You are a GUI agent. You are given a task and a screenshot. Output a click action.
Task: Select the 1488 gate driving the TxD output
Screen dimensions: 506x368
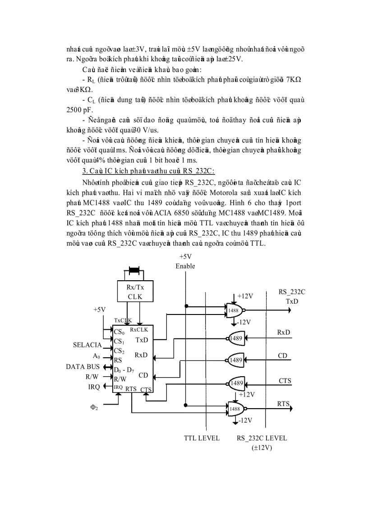pyautogui.click(x=234, y=310)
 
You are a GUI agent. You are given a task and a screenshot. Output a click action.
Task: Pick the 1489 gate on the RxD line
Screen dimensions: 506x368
pyautogui.click(x=236, y=338)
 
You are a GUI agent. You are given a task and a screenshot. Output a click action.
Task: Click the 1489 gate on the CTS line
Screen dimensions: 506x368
pyautogui.click(x=236, y=383)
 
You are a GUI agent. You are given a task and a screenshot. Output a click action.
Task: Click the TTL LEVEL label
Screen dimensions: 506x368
pyautogui.click(x=202, y=438)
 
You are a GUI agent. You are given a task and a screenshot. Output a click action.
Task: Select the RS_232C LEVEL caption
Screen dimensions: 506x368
pyautogui.click(x=262, y=438)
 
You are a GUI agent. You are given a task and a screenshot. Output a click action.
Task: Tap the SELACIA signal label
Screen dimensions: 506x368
pyautogui.click(x=87, y=345)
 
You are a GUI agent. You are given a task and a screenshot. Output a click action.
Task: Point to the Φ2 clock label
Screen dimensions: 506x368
pyautogui.click(x=94, y=407)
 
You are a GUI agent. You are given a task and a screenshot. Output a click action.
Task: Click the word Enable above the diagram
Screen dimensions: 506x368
pyautogui.click(x=185, y=266)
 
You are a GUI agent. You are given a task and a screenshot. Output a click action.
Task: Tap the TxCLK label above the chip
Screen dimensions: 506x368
pyautogui.click(x=122, y=320)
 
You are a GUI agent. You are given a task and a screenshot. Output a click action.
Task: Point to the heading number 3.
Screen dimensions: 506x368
pyautogui.click(x=84, y=171)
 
